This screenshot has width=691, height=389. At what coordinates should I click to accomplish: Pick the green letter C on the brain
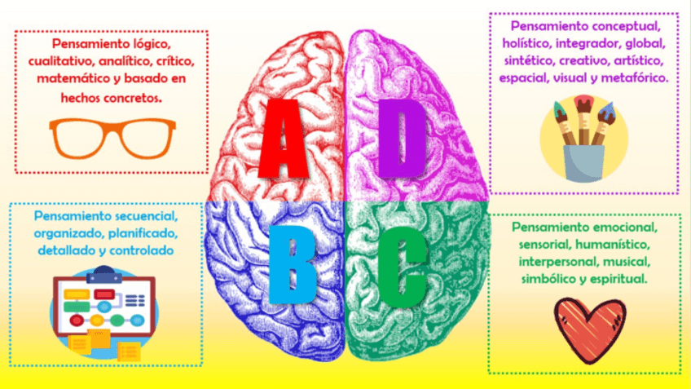click(401, 263)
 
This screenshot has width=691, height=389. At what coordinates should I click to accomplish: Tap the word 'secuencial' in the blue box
click(163, 215)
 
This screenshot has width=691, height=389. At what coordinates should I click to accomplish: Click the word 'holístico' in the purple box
click(530, 43)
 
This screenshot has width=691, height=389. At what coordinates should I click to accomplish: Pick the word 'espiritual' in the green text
click(616, 278)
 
